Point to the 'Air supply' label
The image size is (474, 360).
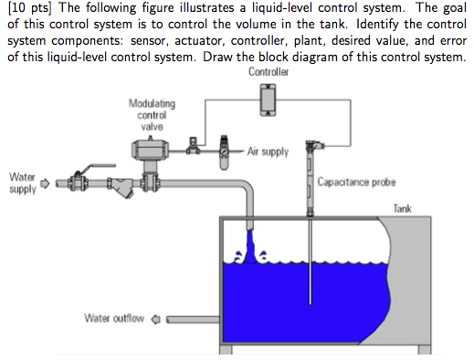point(270,152)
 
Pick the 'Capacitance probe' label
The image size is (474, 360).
point(356,182)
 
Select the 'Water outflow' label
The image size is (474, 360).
point(115,319)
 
